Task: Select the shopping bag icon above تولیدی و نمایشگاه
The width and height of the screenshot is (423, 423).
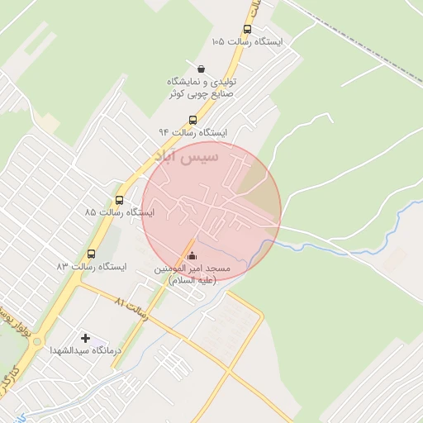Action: point(202,68)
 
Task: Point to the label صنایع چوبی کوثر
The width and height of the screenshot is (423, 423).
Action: point(202,94)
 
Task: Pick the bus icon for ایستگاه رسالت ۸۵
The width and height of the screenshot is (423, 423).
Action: point(120,199)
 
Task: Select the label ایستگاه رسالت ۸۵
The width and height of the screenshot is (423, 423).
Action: point(116,213)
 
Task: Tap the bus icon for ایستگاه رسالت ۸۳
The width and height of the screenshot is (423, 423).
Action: point(90,254)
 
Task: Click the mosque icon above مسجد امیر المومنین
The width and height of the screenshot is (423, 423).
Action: point(192,255)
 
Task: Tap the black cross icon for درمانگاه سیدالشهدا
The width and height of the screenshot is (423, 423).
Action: point(85,337)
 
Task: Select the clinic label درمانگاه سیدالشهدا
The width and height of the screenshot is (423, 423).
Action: point(86,351)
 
